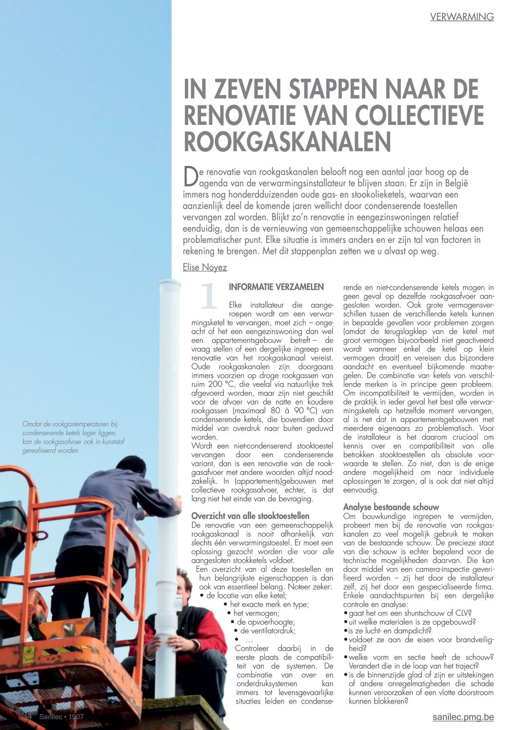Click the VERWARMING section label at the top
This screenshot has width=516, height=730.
462,17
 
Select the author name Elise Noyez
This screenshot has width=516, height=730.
205,267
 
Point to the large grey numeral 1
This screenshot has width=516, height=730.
209,296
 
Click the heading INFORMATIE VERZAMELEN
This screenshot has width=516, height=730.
276,287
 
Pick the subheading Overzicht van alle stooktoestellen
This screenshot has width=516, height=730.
250,516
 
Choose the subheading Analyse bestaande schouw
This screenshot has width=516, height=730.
391,507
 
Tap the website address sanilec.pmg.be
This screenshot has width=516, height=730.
463,717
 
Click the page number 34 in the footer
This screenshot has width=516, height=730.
27,717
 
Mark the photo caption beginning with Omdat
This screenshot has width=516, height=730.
70,437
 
